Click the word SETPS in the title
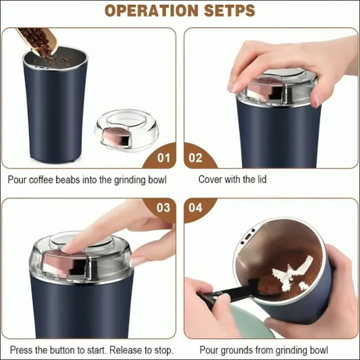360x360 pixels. [228, 11]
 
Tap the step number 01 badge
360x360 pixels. [163, 157]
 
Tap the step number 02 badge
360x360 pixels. [196, 157]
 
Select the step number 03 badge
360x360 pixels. [163, 208]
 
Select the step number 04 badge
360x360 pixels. [196, 209]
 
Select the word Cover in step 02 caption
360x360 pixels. [213, 180]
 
